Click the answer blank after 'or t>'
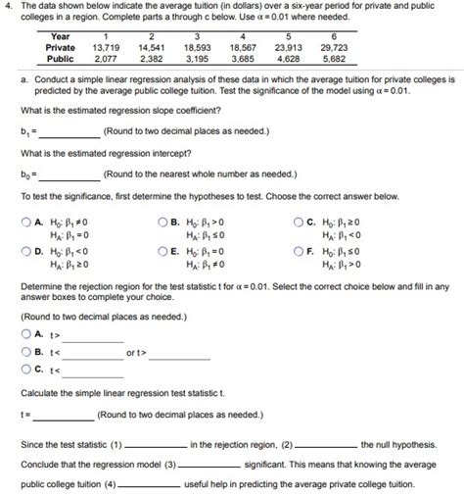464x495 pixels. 178,354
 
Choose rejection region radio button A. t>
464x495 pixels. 24,334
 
